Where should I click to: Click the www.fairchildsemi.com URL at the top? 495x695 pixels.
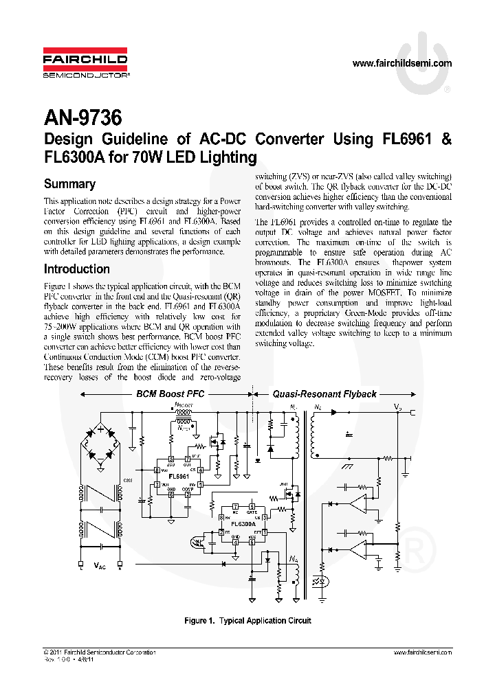(x=401, y=63)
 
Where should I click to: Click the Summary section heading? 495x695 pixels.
(x=69, y=183)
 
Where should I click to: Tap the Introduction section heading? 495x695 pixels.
(x=77, y=269)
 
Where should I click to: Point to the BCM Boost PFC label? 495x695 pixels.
(x=170, y=394)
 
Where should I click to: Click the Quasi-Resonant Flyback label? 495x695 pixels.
(x=324, y=394)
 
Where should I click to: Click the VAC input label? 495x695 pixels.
(x=100, y=567)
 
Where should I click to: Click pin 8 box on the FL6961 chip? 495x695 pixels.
(x=157, y=469)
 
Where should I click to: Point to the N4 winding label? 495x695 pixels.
(x=293, y=559)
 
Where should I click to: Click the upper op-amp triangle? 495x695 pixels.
(x=359, y=505)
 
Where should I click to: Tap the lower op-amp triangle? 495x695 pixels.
(x=359, y=547)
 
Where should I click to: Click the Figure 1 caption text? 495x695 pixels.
(x=247, y=621)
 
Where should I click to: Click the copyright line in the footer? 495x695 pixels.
(x=99, y=652)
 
